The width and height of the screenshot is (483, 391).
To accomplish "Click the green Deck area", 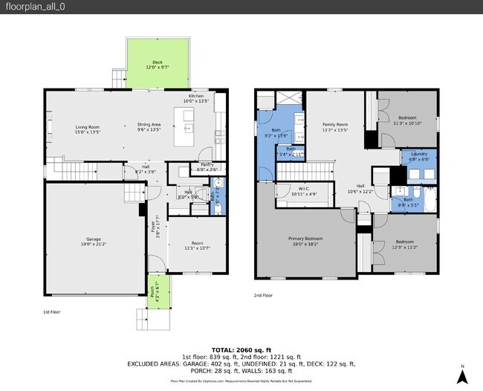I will click(157, 63).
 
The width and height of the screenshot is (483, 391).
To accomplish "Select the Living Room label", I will click(87, 129).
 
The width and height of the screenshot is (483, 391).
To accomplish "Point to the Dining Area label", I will click(149, 126).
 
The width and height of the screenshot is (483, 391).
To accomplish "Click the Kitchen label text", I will click(196, 98).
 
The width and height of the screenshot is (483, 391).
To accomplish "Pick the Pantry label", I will click(207, 167).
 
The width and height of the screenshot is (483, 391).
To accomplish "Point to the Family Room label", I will click(334, 126).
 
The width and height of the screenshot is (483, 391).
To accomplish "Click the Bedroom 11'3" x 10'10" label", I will click(406, 120).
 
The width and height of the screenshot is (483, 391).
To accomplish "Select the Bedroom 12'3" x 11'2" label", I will click(405, 245).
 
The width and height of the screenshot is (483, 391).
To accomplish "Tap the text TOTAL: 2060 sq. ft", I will click(241, 349).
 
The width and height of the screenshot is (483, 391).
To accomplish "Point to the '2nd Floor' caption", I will click(264, 295).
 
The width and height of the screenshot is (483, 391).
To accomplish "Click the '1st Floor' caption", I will click(51, 312).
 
